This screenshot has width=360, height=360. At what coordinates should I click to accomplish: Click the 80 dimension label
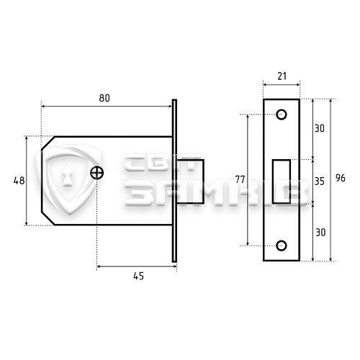tap(104, 98)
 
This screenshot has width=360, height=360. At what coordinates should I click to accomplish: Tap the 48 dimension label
tap(19, 181)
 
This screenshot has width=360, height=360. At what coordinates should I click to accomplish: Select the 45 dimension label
tap(138, 276)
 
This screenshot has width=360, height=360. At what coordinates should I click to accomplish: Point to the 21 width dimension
tap(282, 76)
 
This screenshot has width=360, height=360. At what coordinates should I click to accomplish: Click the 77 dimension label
tap(240, 179)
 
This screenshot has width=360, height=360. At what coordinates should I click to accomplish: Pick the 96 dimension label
tap(341, 178)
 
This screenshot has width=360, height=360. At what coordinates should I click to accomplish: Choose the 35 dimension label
tap(320, 181)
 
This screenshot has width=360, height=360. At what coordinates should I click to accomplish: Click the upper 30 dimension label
tap(320, 128)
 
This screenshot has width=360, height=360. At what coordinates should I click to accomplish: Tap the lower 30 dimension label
tap(320, 233)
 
